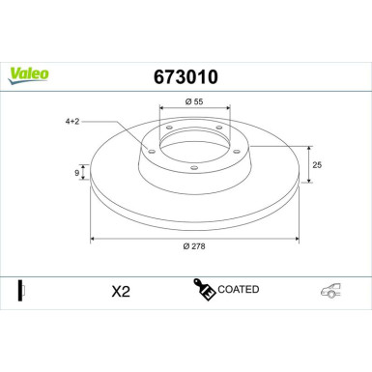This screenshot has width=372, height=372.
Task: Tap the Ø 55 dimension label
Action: coord(192,101)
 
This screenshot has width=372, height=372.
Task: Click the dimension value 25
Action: coord(317,165)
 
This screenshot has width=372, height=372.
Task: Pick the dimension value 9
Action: coord(78,173)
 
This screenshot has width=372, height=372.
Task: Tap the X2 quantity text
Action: coord(120,290)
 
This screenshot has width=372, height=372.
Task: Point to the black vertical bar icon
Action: coord(20,289)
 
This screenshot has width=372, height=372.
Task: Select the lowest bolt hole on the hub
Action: coord(192,168)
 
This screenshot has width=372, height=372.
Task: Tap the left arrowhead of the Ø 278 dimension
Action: coord(93,237)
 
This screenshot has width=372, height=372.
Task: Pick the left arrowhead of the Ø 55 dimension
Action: coord(157,112)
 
